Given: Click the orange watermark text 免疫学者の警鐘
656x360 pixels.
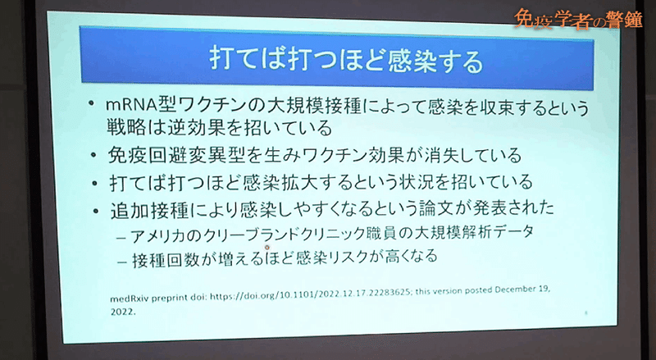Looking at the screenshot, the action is tap(578, 20).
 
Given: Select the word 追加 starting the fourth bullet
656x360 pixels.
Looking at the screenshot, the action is tap(127, 211).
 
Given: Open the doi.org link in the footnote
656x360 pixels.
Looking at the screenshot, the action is tap(310, 294).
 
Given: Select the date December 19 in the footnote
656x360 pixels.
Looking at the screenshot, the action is tap(522, 289).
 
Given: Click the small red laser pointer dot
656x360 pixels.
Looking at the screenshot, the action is tap(267, 248).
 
